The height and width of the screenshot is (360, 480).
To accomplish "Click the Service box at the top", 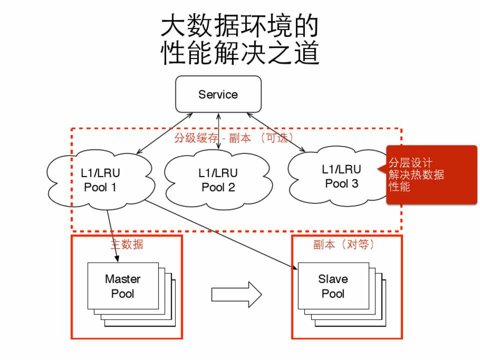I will click(x=218, y=94).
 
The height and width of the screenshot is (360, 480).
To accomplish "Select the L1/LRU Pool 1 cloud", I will click(x=100, y=180).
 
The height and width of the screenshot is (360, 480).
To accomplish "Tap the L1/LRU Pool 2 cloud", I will click(x=218, y=180).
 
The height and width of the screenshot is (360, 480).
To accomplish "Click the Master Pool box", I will click(x=123, y=286).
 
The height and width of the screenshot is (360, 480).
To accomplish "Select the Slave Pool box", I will click(x=333, y=286).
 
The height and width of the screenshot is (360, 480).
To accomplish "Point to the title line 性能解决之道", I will click(x=239, y=53).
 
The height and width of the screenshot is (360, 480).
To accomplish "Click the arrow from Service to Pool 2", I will click(x=218, y=130).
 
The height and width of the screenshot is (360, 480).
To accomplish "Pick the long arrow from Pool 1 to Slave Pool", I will click(x=220, y=235).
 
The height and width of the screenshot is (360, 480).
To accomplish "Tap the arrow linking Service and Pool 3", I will click(x=275, y=132).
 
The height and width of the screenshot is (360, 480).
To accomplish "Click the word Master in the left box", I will click(x=123, y=279).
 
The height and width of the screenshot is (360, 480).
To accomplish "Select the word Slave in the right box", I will click(x=333, y=279).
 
